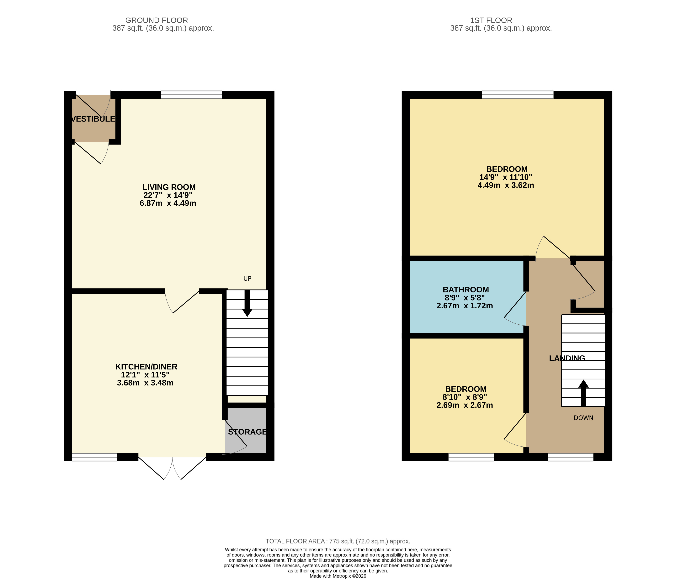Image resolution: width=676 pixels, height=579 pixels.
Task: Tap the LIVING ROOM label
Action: click(169, 187)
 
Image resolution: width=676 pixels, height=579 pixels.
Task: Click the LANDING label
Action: click(567, 358)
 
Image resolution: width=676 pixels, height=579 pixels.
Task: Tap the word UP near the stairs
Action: click(247, 278)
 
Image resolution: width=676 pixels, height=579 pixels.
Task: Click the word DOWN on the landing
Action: click(583, 418)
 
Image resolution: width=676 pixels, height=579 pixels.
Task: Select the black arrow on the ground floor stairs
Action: click(247, 303)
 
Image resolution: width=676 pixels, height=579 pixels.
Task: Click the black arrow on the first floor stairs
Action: click(583, 393)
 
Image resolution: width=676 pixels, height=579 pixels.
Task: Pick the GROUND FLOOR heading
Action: click(157, 20)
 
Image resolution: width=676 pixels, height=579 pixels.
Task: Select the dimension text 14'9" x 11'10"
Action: click(506, 177)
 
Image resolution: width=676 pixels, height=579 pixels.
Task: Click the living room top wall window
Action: click(192, 95)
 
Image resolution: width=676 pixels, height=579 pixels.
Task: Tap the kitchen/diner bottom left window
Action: click(94, 457)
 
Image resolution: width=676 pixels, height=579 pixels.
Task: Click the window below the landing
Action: click(571, 457)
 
